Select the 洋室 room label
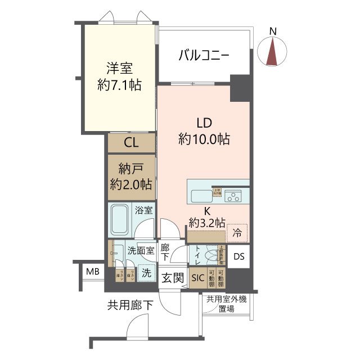coord(119,69)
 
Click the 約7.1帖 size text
coord(119,85)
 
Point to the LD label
coord(204,122)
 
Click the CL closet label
coord(131,142)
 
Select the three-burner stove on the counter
coord(233,196)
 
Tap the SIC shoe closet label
coord(198,277)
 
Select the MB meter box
coord(92,273)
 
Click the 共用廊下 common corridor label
coord(130,306)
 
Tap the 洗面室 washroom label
coord(140,251)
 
